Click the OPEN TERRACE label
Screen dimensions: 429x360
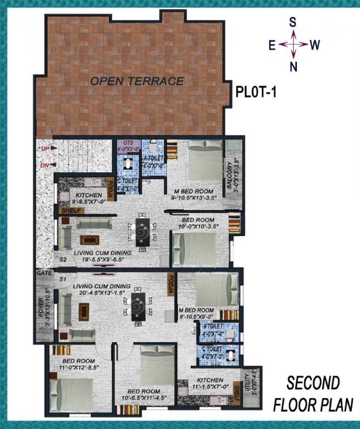[137, 81]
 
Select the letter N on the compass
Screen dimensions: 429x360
[293, 66]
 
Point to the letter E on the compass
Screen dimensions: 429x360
[272, 45]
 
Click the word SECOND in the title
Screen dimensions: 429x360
[313, 384]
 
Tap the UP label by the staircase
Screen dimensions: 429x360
[45, 149]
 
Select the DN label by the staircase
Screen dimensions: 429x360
[45, 165]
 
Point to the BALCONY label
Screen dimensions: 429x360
[229, 174]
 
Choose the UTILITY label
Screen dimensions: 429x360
[247, 385]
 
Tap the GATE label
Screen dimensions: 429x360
[43, 272]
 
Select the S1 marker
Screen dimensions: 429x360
[62, 279]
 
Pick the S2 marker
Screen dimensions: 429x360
[62, 260]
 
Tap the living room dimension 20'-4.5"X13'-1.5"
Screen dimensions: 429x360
[99, 293]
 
